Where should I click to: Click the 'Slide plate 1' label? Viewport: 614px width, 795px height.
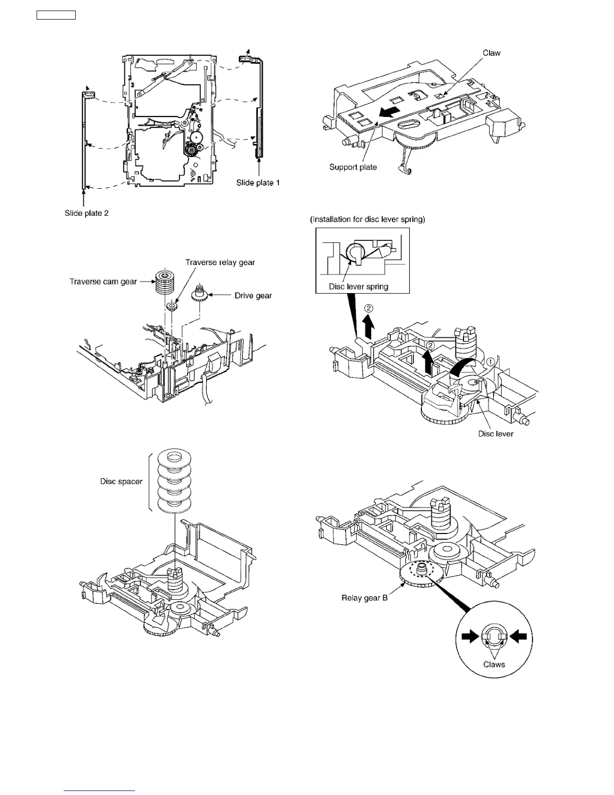tap(258, 183)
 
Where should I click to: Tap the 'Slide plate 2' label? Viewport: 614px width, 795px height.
tap(86, 213)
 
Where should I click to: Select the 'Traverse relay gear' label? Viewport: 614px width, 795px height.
tap(220, 262)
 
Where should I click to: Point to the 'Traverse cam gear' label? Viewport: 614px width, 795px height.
tap(103, 282)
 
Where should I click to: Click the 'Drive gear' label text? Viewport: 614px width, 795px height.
tap(253, 296)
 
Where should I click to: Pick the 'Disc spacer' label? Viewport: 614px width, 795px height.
tap(121, 481)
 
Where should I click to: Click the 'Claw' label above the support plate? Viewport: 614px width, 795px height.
tap(491, 53)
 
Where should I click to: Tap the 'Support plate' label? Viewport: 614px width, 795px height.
tap(353, 167)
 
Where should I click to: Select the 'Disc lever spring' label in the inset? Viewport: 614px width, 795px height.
tap(358, 287)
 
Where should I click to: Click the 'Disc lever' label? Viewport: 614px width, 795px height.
tap(496, 434)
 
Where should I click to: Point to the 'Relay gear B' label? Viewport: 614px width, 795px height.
tap(364, 598)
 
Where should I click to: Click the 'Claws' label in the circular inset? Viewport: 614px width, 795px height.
tap(494, 665)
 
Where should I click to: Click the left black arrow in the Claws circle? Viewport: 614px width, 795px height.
tap(470, 637)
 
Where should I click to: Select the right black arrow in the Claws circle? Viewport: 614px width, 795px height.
tap(519, 637)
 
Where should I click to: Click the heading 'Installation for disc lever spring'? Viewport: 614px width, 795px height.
tap(367, 219)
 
